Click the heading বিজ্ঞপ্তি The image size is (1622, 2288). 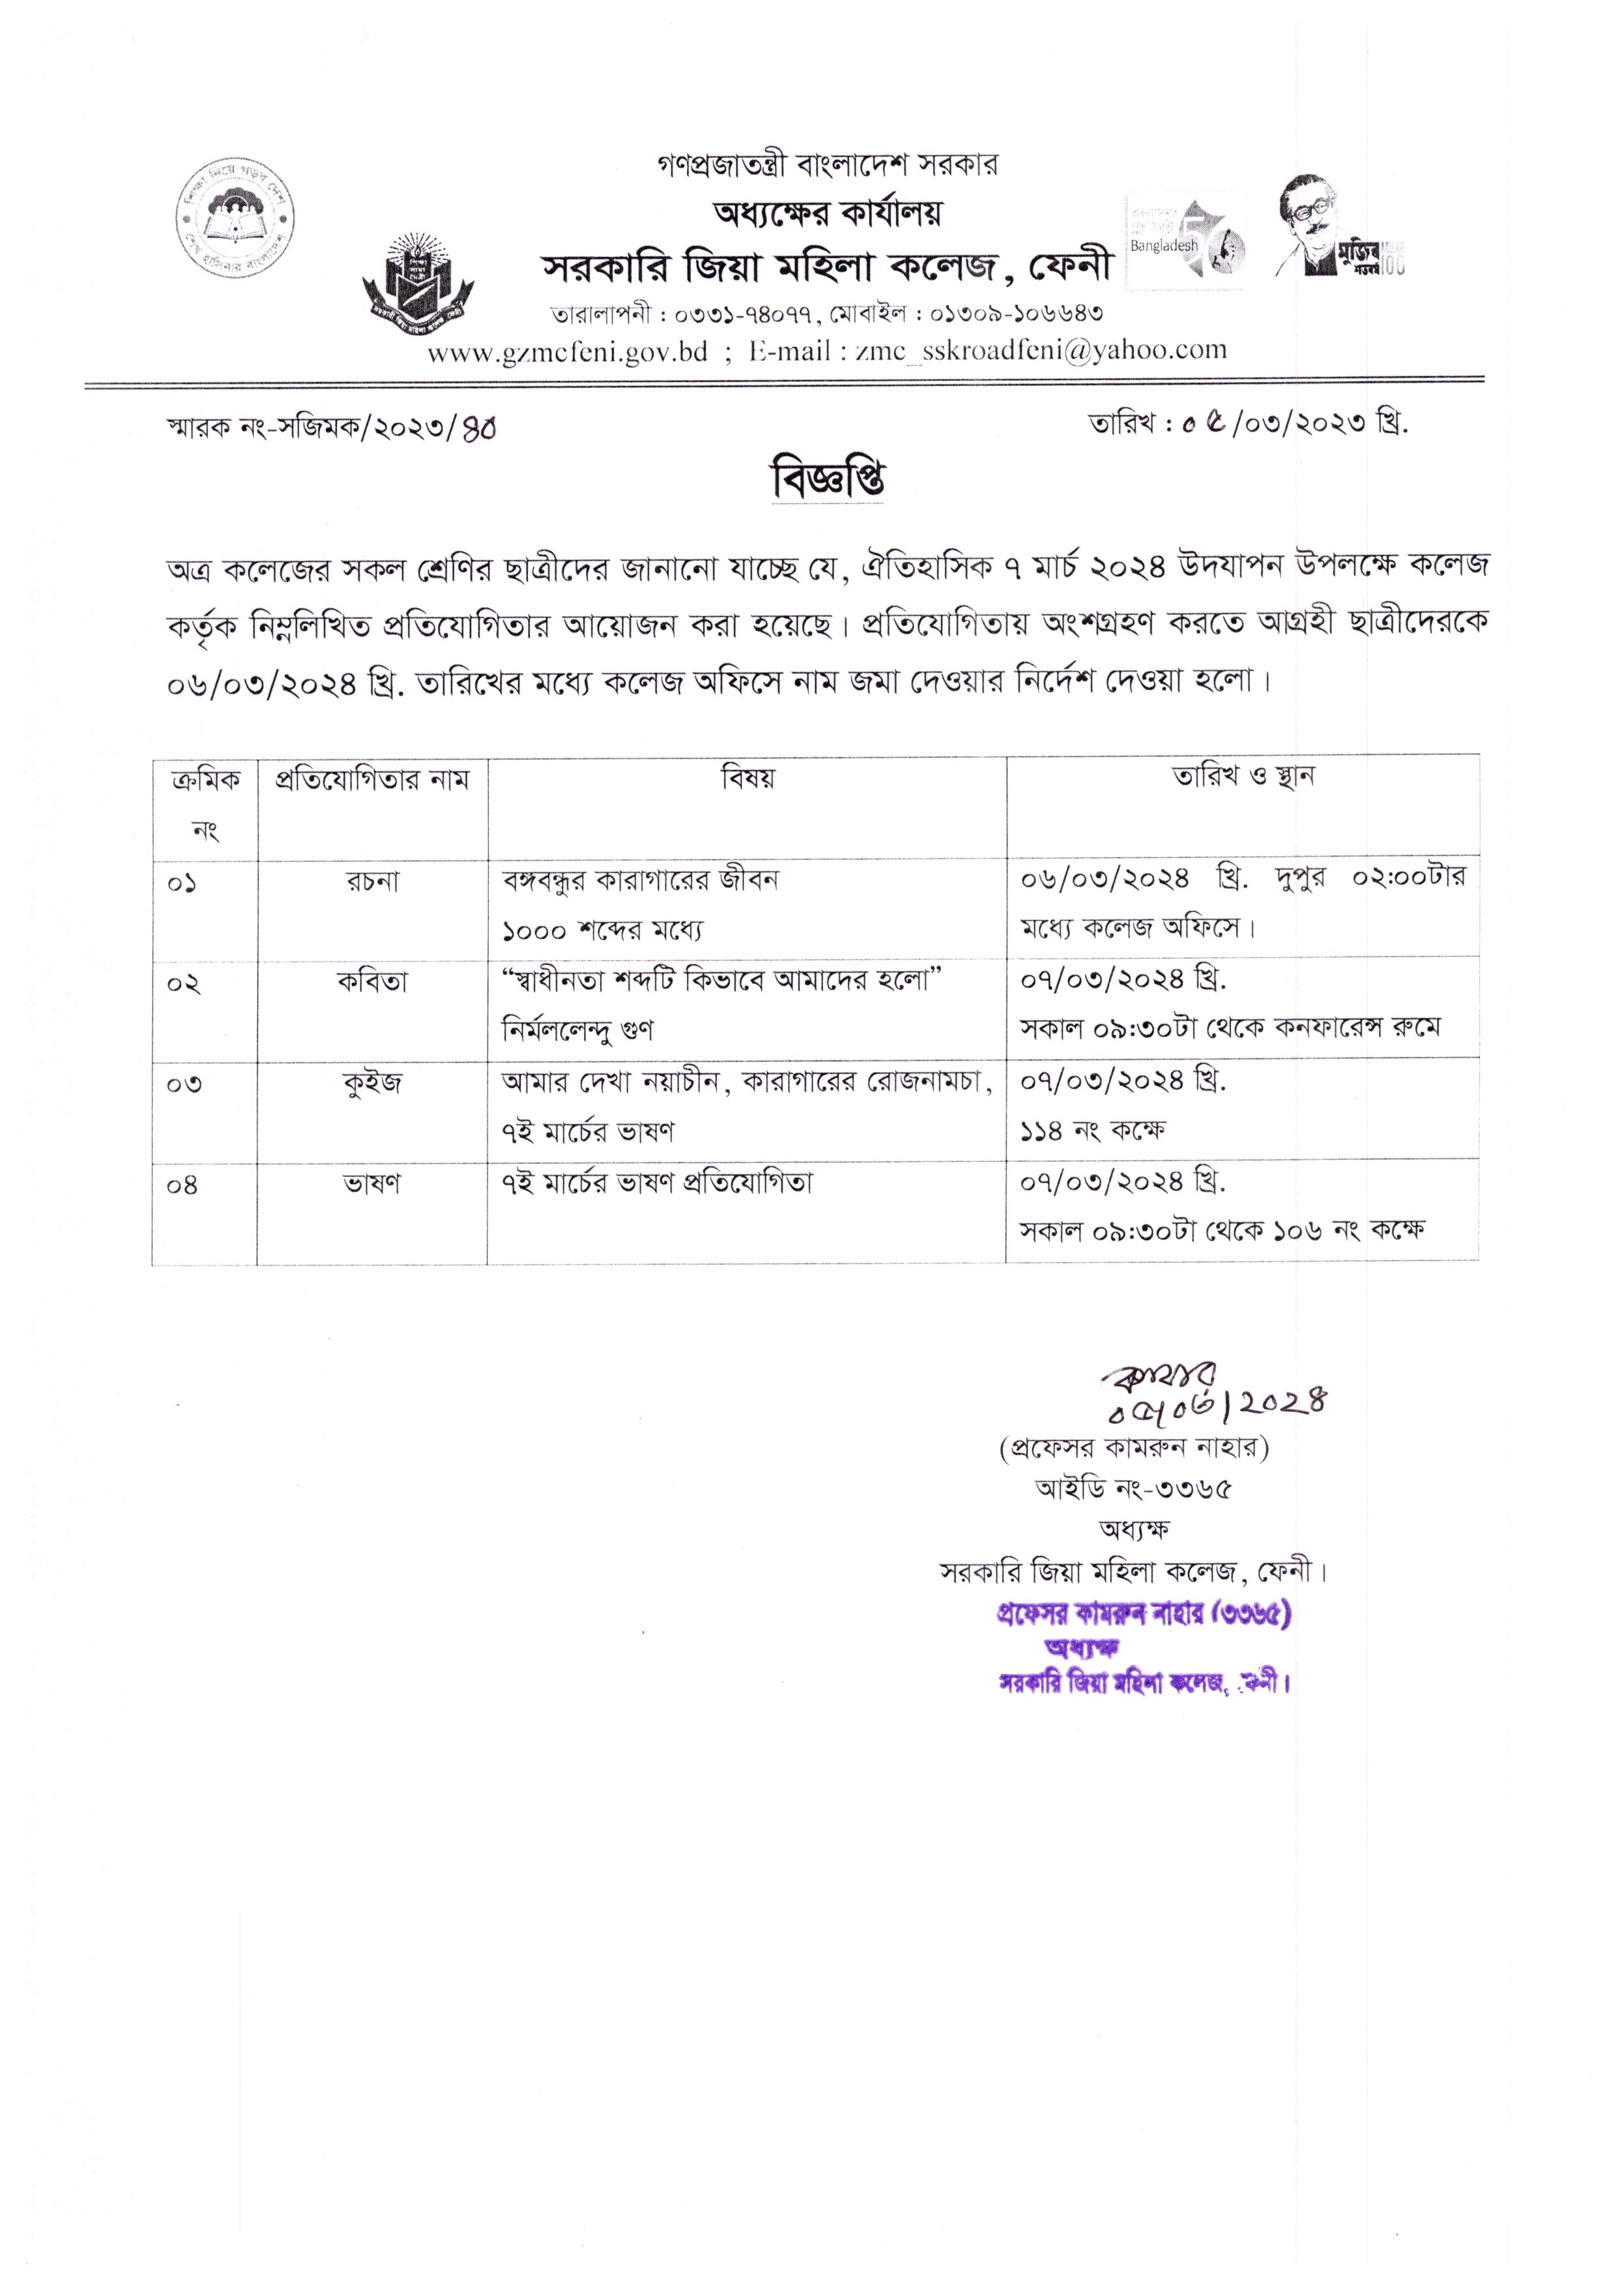[828, 481]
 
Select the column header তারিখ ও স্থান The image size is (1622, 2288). [1243, 777]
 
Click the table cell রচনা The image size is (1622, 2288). [373, 882]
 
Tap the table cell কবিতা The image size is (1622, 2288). [373, 982]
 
